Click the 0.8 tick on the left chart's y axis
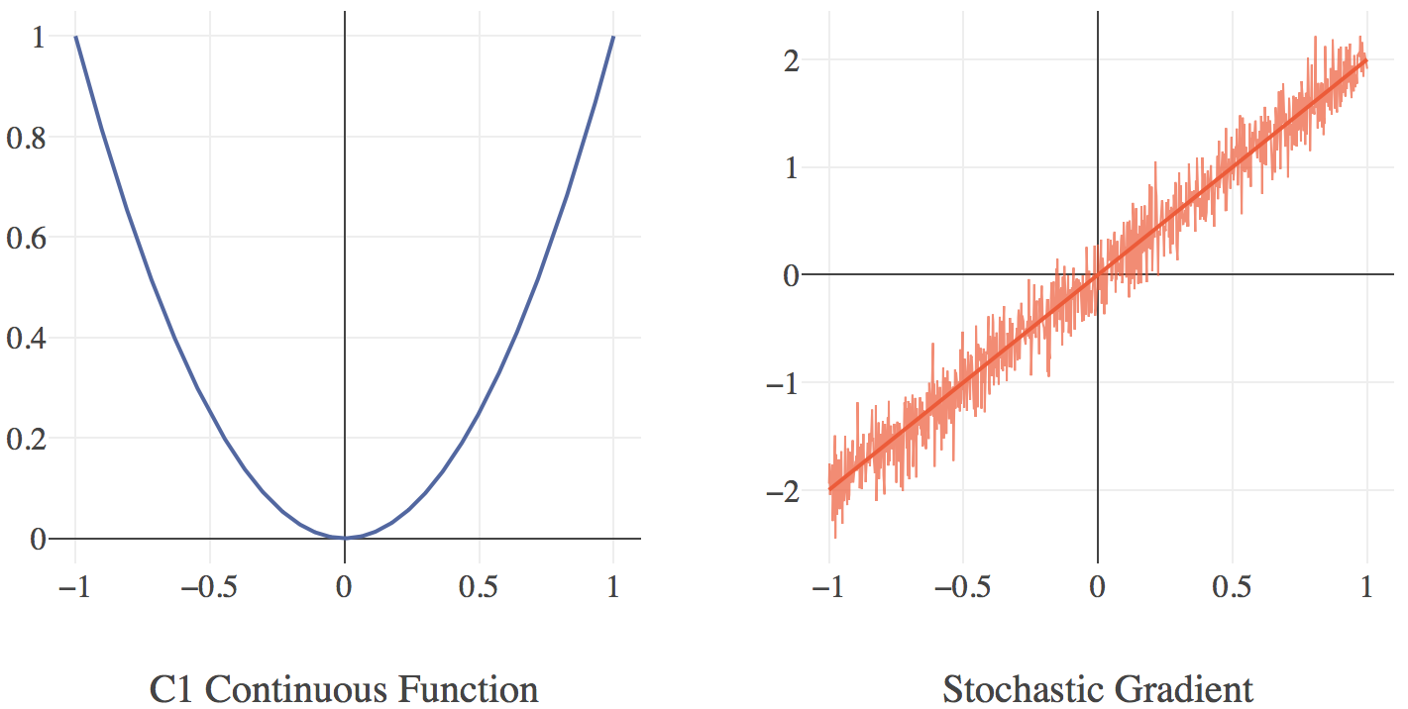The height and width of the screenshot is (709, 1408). pyautogui.click(x=26, y=138)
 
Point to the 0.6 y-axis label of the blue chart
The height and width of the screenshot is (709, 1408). pyautogui.click(x=26, y=238)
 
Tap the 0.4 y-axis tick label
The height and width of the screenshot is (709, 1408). pyautogui.click(x=26, y=338)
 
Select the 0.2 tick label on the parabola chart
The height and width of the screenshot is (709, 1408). pyautogui.click(x=26, y=438)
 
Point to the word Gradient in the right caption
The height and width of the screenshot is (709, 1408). pyautogui.click(x=1185, y=689)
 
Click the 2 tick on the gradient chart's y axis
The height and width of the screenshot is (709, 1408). pyautogui.click(x=792, y=60)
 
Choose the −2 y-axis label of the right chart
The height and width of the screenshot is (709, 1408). pyautogui.click(x=784, y=490)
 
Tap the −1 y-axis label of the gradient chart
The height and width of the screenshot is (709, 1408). pyautogui.click(x=784, y=382)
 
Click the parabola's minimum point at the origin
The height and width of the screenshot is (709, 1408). pyautogui.click(x=344, y=538)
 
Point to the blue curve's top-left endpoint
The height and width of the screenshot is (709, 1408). pyautogui.click(x=75, y=37)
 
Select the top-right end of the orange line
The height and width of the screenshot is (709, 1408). pyautogui.click(x=1367, y=59)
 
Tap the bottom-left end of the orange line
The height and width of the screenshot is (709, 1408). pyautogui.click(x=829, y=489)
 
